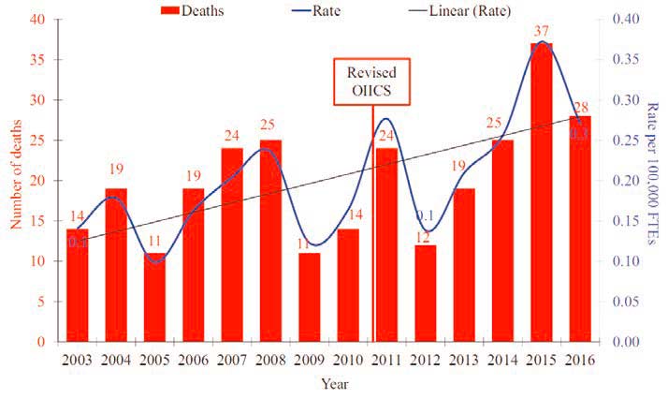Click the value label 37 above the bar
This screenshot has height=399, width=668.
point(542,33)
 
